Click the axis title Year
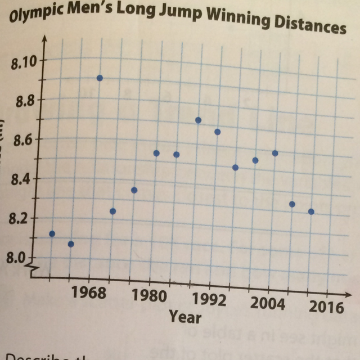click(x=186, y=317)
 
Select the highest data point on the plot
click(x=100, y=78)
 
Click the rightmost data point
click(x=311, y=211)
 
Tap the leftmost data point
click(x=52, y=233)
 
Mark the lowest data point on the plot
click(x=71, y=244)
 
